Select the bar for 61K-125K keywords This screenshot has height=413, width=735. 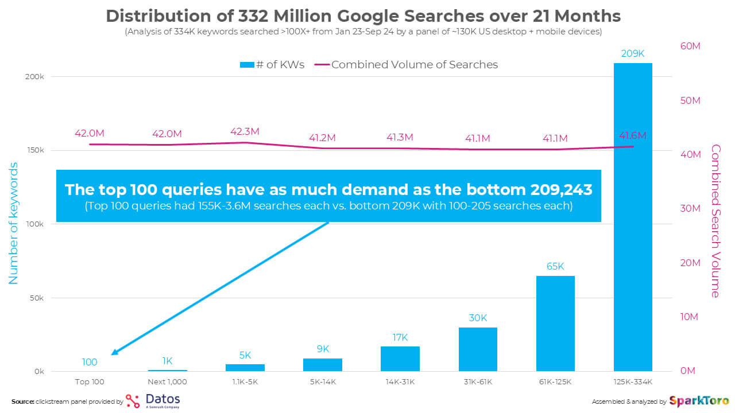coord(555,324)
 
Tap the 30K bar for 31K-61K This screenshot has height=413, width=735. coord(478,349)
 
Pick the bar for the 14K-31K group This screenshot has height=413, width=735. coord(400,359)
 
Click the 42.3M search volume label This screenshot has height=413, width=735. coord(245,131)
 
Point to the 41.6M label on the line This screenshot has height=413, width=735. coord(632,136)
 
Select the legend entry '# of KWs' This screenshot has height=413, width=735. coord(272,65)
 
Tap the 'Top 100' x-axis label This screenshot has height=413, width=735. coord(90,381)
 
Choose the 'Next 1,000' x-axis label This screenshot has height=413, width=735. coord(167,381)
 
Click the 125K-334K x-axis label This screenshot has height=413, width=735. coord(633,381)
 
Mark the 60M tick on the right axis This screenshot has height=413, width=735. coord(690,46)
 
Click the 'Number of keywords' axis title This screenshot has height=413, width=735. coord(14,223)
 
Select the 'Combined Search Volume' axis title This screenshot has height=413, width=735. coord(715,221)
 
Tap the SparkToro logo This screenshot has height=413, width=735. coord(699,401)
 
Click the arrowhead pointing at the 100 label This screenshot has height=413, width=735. coord(114,353)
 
